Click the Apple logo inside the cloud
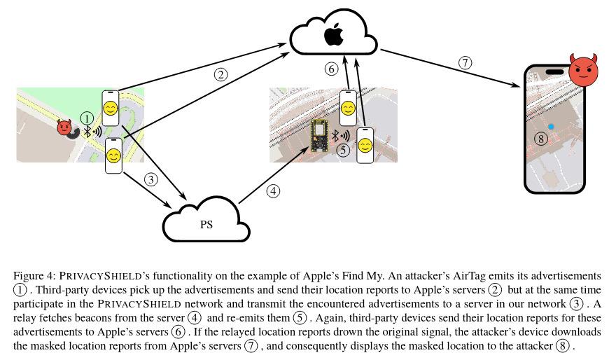tap(334, 34)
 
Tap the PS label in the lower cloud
tap(206, 224)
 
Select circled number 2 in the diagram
tap(220, 74)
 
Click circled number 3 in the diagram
tap(151, 179)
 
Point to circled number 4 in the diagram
tap(274, 191)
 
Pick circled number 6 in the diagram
tap(332, 69)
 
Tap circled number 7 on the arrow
tap(465, 62)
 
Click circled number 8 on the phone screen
tap(541, 139)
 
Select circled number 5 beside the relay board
tap(344, 150)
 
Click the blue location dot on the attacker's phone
tap(551, 127)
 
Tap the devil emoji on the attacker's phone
tap(584, 70)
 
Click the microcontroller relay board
tap(319, 136)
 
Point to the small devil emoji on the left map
tap(64, 127)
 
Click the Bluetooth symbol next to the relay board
tap(335, 136)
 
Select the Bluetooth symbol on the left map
tap(87, 132)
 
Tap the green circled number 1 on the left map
tap(87, 118)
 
